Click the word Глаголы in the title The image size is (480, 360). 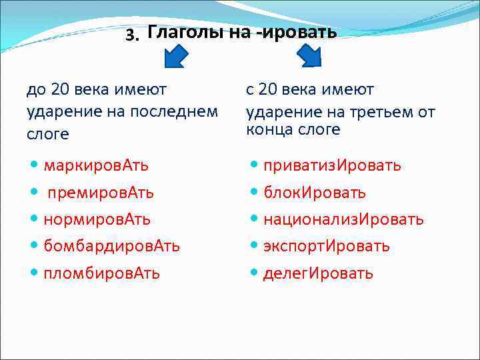click(x=186, y=33)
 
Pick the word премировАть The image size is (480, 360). click(x=101, y=193)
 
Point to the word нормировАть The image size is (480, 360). click(x=97, y=219)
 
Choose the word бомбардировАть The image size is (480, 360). click(x=111, y=246)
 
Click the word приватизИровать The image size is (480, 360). click(x=332, y=165)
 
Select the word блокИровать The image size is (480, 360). click(x=314, y=193)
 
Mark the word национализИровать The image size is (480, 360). click(x=343, y=219)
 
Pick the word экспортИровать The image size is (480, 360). click(x=326, y=246)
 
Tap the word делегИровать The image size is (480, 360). click(x=318, y=273)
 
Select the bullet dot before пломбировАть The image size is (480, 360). click(x=33, y=273)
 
